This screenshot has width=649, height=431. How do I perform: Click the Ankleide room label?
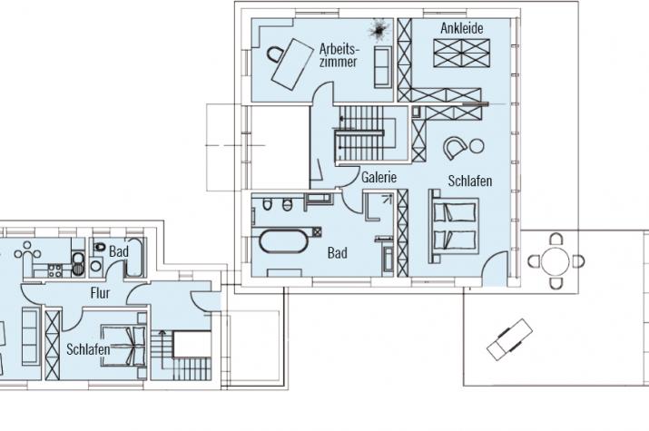click(x=461, y=28)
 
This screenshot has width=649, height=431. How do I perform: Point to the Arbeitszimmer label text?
click(x=338, y=55)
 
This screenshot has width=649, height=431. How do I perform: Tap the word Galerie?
click(x=379, y=177)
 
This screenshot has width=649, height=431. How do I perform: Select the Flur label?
click(x=100, y=293)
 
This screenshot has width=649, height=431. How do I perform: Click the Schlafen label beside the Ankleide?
click(x=470, y=181)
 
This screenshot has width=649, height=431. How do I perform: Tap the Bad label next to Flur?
click(x=119, y=251)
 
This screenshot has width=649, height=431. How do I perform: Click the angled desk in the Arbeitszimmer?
click(x=292, y=64)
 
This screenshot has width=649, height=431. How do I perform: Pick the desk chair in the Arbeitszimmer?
click(x=275, y=54)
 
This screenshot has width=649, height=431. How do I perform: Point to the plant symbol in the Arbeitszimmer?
click(x=379, y=30)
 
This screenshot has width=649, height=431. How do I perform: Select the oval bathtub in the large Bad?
click(x=284, y=240)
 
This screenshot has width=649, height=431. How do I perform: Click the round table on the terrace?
click(x=556, y=261)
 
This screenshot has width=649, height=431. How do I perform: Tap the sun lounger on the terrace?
click(x=509, y=339)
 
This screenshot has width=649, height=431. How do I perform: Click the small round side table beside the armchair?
click(x=477, y=146)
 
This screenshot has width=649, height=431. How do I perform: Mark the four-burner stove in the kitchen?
click(x=55, y=271)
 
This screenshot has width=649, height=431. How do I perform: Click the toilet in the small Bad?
click(x=99, y=247)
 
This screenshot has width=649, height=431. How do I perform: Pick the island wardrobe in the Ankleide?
click(x=461, y=53)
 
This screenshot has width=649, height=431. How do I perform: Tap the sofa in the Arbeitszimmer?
click(x=383, y=67)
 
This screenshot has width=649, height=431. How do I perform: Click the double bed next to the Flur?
click(x=124, y=347)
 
